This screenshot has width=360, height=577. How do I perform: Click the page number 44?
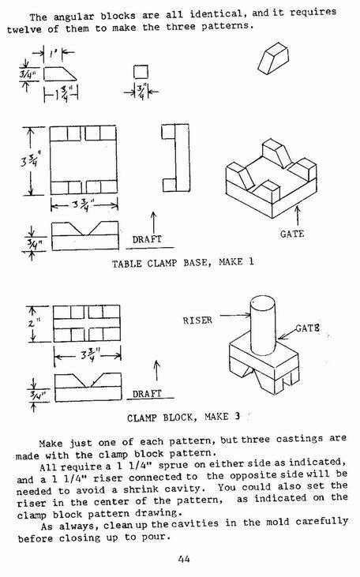click(184, 559)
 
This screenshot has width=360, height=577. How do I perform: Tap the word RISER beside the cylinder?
click(197, 320)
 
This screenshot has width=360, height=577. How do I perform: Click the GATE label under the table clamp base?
click(292, 234)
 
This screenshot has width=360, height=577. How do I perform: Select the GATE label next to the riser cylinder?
click(307, 328)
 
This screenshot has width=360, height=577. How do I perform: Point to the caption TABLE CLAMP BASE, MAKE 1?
click(183, 263)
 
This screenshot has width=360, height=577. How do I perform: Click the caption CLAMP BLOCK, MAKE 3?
click(183, 418)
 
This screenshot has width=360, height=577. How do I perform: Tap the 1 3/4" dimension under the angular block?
click(62, 94)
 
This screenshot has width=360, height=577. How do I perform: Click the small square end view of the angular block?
click(141, 72)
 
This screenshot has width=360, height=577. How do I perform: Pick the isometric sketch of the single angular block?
click(273, 58)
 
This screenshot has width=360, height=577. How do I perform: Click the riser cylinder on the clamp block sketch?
click(263, 326)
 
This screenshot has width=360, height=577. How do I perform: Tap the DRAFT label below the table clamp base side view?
click(147, 239)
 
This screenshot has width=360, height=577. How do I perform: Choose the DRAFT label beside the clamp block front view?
click(147, 394)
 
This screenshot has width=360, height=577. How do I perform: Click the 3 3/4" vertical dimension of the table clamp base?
click(29, 160)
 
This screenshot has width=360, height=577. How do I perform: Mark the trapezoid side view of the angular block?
click(60, 73)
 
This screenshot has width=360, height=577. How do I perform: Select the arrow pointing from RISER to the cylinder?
click(234, 315)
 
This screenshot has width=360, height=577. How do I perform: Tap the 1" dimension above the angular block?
click(53, 54)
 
